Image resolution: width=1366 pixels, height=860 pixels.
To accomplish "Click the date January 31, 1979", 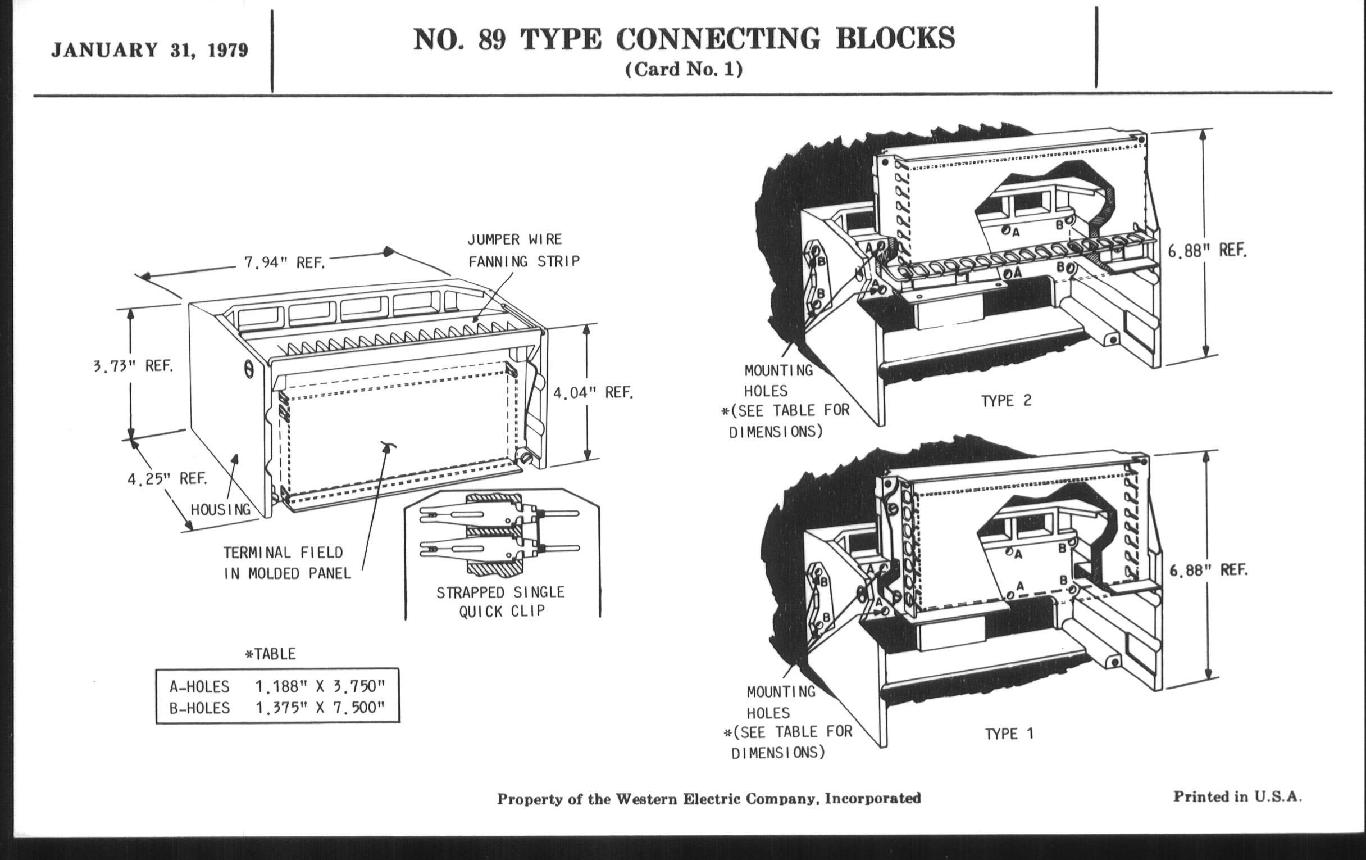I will tap(149, 51).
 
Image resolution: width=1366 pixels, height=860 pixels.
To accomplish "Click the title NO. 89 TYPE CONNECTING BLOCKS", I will tap(684, 39).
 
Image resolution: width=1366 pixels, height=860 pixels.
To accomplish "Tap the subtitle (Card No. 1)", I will tap(684, 69).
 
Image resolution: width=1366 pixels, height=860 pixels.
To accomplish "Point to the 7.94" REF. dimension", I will tap(284, 263).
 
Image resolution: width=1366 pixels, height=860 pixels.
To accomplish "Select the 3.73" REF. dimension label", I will tap(133, 366).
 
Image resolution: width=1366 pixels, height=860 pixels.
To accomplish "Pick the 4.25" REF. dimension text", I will tap(167, 479).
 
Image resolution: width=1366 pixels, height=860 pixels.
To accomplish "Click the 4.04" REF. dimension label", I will tap(593, 393).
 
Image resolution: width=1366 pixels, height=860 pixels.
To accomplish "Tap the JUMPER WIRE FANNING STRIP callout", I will tap(523, 250).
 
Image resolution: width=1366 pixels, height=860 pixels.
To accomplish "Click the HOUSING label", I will tap(221, 510).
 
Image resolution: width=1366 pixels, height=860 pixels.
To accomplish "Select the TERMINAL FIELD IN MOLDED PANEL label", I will tap(286, 563).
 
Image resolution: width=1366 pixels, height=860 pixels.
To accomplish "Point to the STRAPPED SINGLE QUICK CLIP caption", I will tap(500, 601).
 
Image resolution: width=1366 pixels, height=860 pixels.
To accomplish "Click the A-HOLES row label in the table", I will tap(200, 687).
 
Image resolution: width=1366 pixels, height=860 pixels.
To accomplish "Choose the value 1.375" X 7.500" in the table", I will tap(320, 708).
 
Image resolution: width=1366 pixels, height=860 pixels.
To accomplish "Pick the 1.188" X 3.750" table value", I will tap(320, 687).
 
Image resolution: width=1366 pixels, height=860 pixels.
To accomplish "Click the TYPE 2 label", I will tap(1007, 401).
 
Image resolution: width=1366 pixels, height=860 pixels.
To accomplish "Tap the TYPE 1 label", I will tap(1009, 734).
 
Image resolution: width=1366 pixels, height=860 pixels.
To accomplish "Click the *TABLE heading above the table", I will tap(270, 654).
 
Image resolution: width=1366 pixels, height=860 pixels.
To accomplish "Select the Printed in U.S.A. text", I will tap(1237, 797).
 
